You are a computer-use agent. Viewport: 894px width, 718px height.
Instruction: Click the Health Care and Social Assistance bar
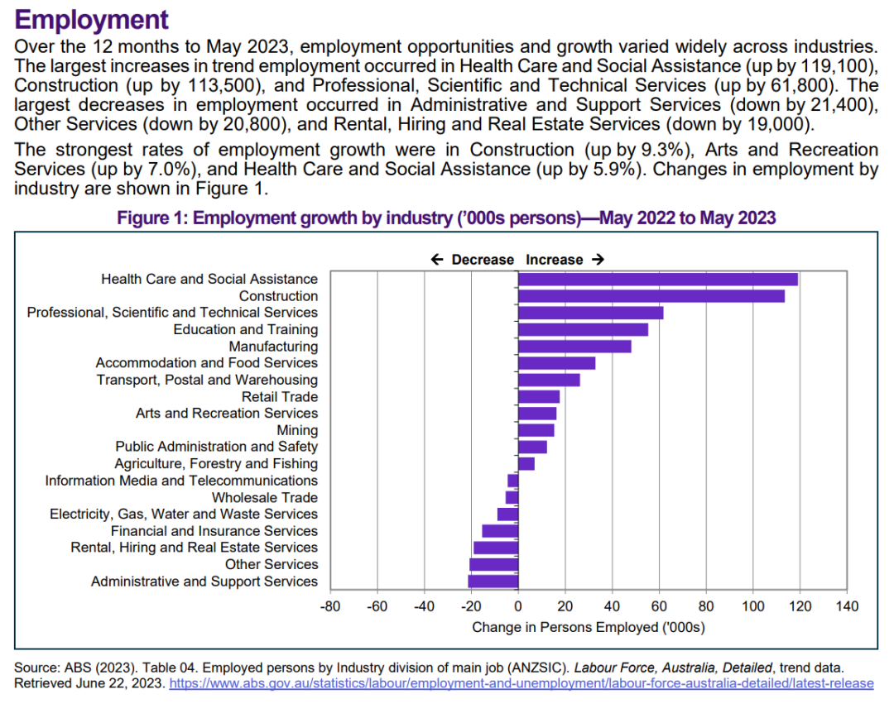658,280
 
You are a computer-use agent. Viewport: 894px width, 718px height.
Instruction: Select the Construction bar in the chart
651,296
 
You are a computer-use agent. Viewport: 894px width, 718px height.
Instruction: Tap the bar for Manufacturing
574,347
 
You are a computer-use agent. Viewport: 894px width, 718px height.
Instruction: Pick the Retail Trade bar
539,396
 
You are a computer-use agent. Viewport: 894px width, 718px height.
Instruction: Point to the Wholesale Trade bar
512,497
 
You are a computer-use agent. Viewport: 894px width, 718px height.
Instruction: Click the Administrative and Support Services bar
493,582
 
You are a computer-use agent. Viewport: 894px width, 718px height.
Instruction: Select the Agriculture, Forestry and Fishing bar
526,464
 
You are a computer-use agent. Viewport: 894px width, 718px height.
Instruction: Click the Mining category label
297,430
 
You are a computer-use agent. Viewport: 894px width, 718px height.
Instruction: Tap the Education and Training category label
246,329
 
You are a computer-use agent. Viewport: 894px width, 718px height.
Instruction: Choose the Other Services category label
272,564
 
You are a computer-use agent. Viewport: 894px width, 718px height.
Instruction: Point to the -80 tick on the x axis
330,606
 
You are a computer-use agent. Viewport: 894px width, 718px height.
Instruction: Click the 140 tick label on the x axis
848,606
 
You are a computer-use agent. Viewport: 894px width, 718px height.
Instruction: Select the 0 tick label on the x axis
517,606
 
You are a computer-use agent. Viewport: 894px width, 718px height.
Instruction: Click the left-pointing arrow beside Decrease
437,260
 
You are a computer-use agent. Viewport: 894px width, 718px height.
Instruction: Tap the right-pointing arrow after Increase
598,260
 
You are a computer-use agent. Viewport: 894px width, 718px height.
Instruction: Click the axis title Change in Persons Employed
589,627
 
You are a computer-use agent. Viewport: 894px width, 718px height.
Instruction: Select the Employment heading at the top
91,19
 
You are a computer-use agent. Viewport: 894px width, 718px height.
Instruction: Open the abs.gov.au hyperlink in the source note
521,683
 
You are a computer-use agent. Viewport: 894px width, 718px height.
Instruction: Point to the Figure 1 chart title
446,218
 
